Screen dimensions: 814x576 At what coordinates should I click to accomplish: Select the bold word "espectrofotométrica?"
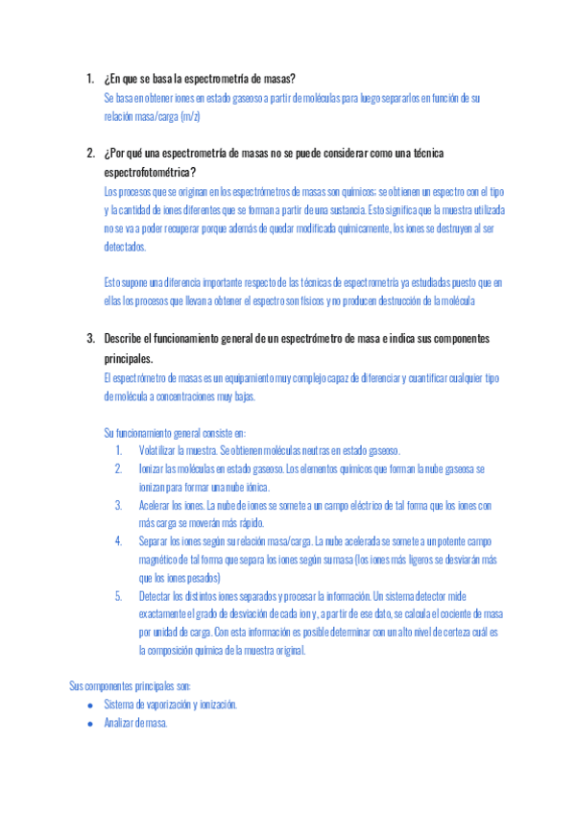point(150,172)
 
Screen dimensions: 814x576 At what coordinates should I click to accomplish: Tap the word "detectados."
point(126,246)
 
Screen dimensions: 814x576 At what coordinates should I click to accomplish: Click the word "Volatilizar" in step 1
point(160,450)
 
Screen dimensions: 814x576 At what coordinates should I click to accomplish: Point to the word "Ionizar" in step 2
point(152,468)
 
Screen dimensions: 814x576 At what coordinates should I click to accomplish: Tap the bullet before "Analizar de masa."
point(89,724)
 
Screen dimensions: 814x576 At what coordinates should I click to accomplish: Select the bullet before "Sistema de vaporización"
point(89,705)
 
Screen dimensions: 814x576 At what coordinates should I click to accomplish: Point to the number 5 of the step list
point(118,596)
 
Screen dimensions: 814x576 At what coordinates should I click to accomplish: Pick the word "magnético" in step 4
point(160,560)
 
